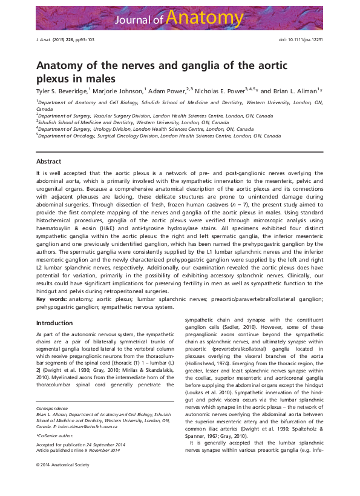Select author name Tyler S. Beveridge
[62, 90]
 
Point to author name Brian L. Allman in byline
[298, 90]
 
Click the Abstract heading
[48, 162]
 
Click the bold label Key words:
[51, 299]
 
